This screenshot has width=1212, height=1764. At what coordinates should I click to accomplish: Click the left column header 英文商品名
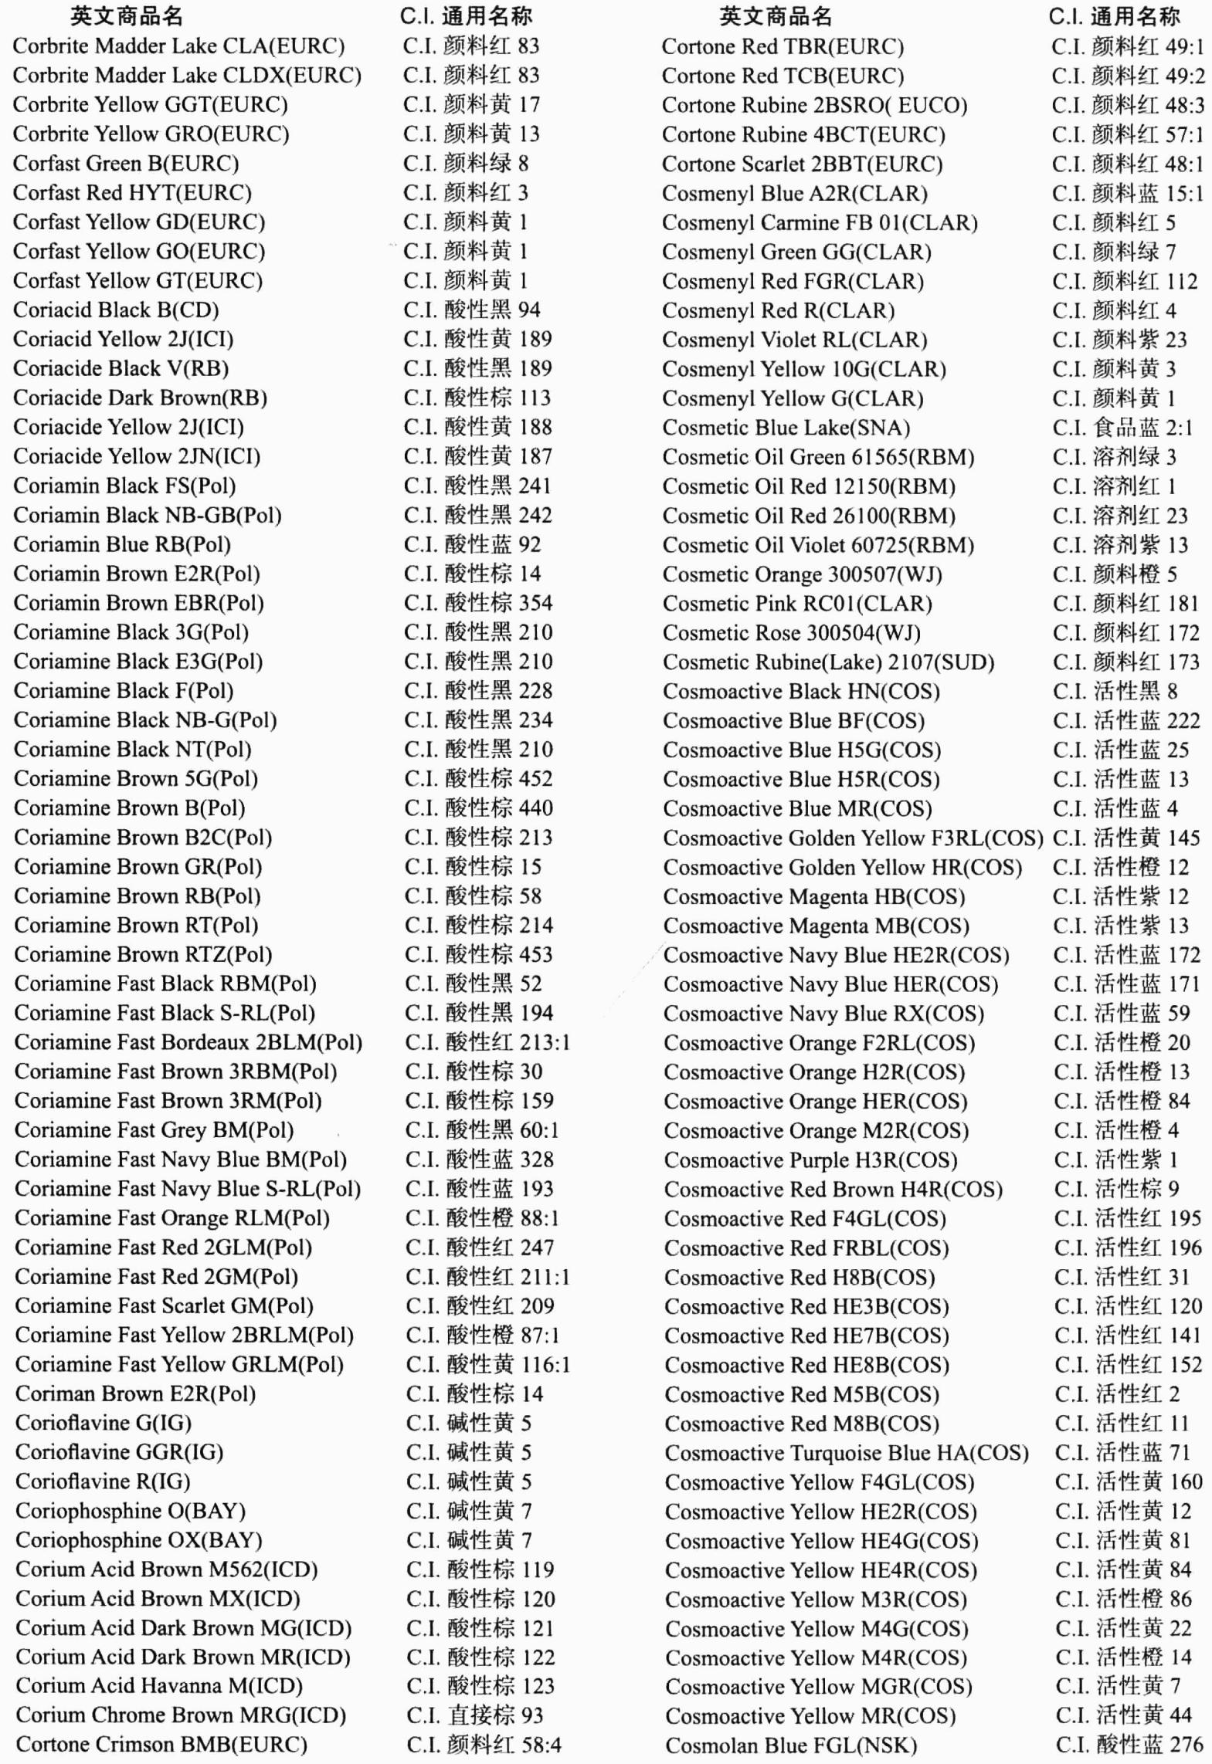click(127, 16)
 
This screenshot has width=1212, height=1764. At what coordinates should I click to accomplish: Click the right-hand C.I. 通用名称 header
click(1114, 16)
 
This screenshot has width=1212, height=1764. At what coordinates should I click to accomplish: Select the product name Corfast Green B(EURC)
click(126, 164)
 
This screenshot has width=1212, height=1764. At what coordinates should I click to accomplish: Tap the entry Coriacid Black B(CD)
click(116, 310)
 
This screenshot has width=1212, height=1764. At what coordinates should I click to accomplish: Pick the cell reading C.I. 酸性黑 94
click(472, 310)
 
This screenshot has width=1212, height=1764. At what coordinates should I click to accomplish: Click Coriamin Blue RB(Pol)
click(122, 545)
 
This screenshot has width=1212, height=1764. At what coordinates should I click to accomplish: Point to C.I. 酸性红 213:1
click(487, 1043)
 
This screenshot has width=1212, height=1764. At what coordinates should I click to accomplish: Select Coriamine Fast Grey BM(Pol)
click(154, 1131)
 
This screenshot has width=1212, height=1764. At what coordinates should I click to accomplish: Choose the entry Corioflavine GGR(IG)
click(119, 1453)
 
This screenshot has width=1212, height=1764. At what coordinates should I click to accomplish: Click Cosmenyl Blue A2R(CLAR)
click(795, 194)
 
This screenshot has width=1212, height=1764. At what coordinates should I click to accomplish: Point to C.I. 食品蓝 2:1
click(1122, 428)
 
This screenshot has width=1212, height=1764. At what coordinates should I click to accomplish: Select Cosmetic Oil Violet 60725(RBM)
click(818, 546)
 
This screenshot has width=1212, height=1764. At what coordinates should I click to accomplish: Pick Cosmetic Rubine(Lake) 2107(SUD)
click(828, 662)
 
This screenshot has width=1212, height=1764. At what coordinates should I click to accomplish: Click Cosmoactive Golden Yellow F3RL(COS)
click(853, 838)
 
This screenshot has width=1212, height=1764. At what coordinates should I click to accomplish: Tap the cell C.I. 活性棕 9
click(1116, 1190)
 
